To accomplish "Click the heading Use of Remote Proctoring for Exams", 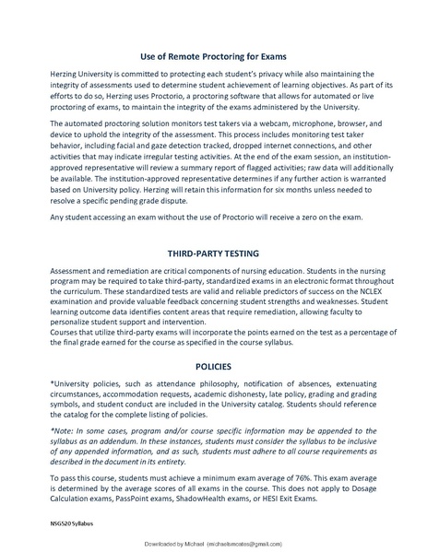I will coord(213,55).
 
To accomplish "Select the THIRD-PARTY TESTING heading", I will coord(213,251).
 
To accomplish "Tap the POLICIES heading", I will coord(213,366).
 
